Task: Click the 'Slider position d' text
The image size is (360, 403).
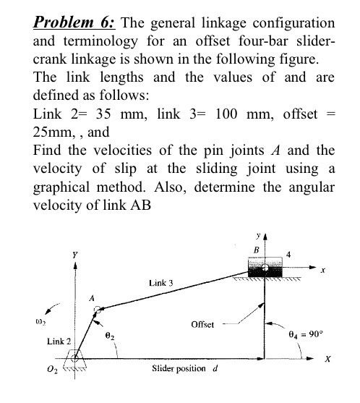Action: coord(185,371)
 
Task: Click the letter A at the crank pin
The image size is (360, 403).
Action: coord(92,297)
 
